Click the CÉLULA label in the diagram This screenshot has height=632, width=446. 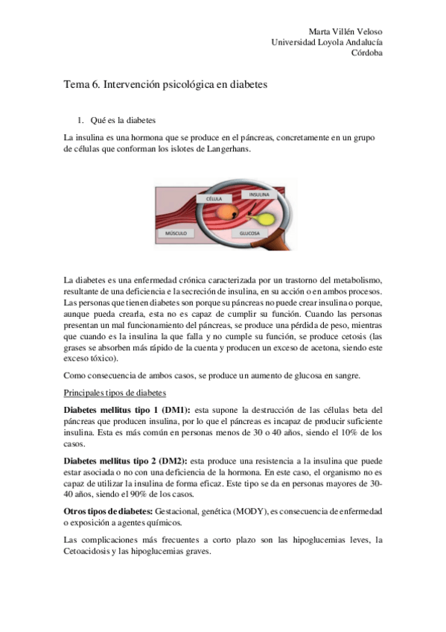coord(210,200)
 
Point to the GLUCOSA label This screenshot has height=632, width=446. coord(249,233)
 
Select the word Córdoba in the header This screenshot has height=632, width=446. coord(367,53)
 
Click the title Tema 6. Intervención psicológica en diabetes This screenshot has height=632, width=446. coord(165,85)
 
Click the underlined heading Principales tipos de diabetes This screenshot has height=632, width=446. coord(115,393)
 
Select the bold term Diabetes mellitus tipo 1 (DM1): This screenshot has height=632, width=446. coord(127,410)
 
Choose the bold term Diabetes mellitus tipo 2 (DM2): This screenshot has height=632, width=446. coord(127,461)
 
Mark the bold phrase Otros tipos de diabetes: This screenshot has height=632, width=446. coord(108,512)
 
